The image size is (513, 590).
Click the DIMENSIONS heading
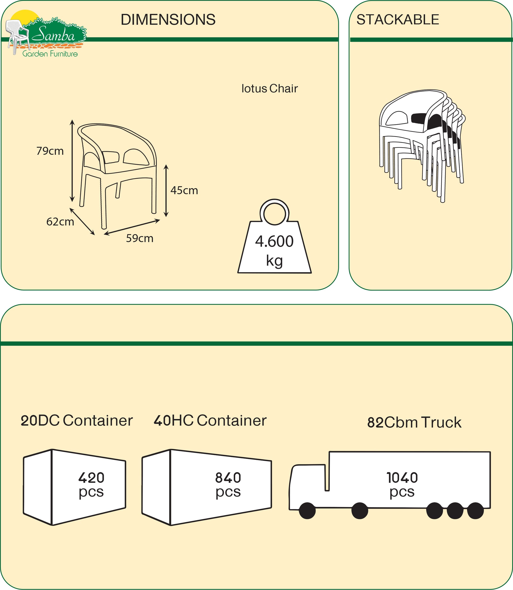pyautogui.click(x=168, y=20)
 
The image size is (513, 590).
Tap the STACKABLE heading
pyautogui.click(x=398, y=20)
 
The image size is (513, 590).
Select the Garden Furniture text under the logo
pyautogui.click(x=50, y=54)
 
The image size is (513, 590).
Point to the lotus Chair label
pyautogui.click(x=269, y=89)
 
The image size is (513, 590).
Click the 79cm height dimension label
pyautogui.click(x=50, y=151)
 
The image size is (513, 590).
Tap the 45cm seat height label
pyautogui.click(x=184, y=191)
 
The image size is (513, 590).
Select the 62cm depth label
pyautogui.click(x=60, y=222)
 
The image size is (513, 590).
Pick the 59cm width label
pyautogui.click(x=140, y=238)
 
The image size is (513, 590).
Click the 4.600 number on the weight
pyautogui.click(x=274, y=242)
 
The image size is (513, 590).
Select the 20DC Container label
pyautogui.click(x=77, y=421)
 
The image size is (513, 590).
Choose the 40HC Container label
pyautogui.click(x=210, y=421)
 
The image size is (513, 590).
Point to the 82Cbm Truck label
pyautogui.click(x=414, y=423)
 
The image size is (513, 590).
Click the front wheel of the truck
pyautogui.click(x=307, y=511)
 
